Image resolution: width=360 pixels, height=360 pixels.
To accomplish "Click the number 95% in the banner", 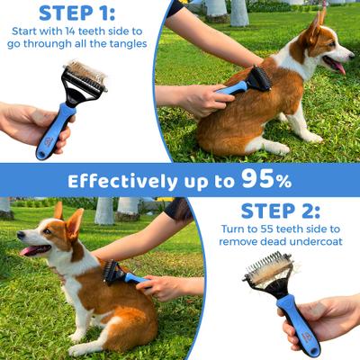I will [265, 180].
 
